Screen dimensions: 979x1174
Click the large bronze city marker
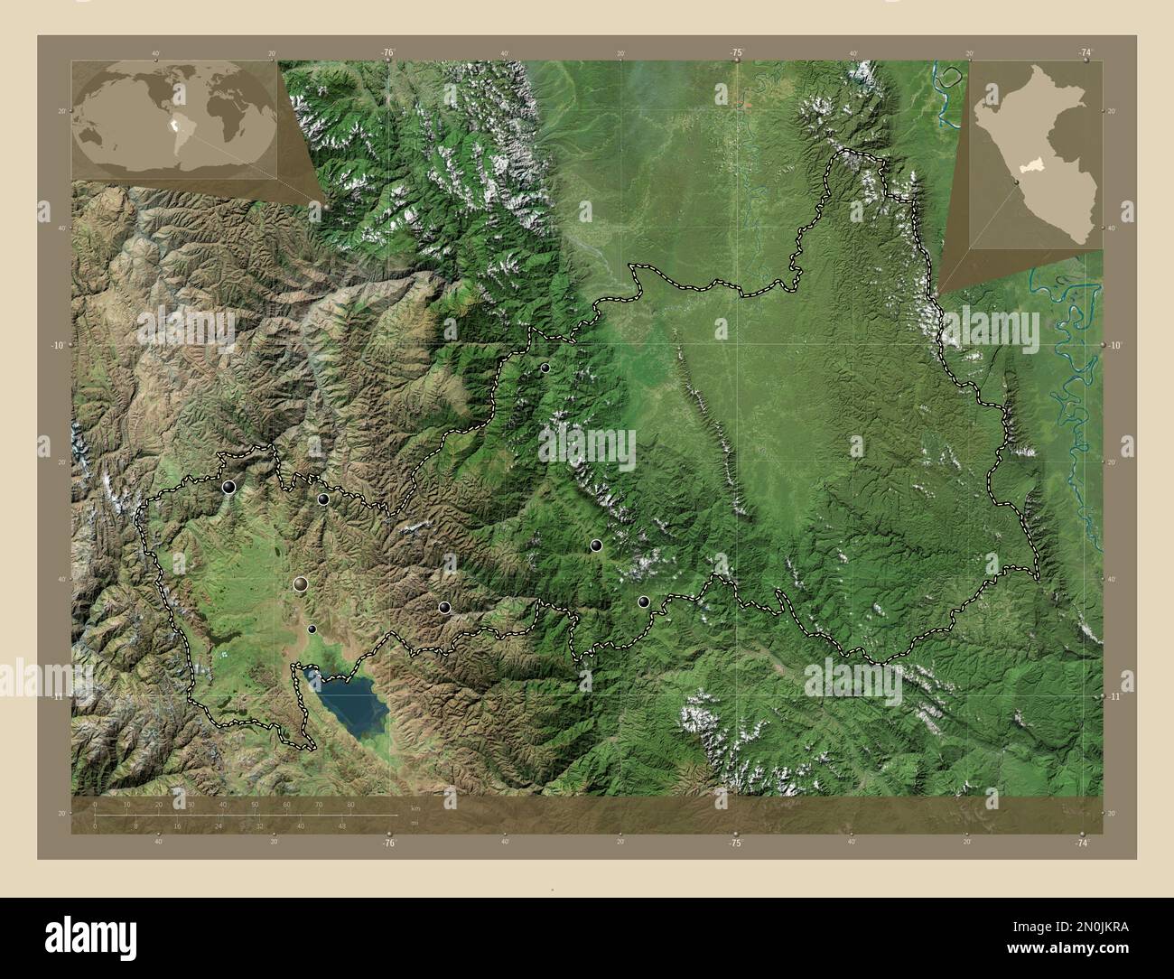pos(300,584)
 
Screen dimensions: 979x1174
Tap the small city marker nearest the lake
pos(312,629)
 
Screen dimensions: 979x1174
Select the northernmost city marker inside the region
pos(545,368)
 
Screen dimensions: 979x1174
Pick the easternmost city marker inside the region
pos(644,601)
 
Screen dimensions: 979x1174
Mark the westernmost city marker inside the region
pos(228,487)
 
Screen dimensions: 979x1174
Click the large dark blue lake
pos(348,702)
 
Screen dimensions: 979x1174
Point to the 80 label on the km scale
pos(350,804)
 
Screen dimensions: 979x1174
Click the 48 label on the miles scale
pos(342,825)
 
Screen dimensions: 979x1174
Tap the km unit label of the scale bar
pos(415,807)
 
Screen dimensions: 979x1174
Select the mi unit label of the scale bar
pos(415,823)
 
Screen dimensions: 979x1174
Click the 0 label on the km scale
pos(96,804)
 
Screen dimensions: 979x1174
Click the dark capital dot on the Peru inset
pos(1018,184)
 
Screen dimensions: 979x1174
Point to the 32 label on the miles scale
pos(259,825)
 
